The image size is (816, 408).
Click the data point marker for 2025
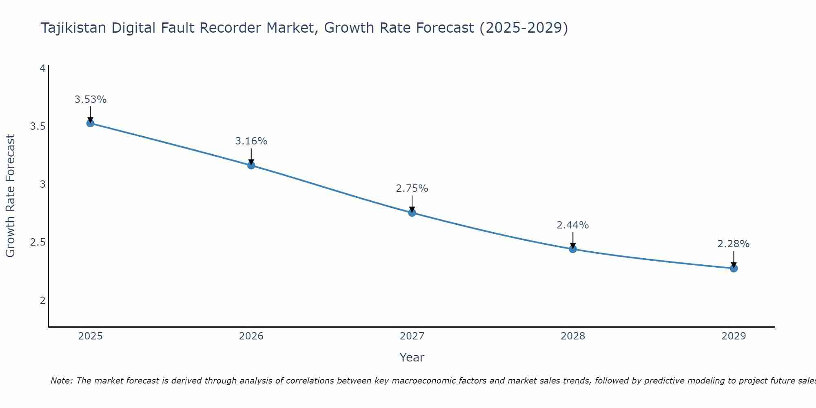click(90, 123)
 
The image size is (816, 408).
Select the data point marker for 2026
click(251, 165)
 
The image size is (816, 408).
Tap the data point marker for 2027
click(412, 213)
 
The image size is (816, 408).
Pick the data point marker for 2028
click(573, 249)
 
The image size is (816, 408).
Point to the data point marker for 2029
click(734, 268)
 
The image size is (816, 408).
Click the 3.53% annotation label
click(90, 100)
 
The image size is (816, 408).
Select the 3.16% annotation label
click(251, 141)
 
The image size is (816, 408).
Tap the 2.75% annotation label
click(412, 188)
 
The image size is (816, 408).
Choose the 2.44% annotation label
click(573, 225)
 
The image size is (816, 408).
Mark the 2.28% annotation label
click(734, 244)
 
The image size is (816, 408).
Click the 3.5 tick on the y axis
click(38, 126)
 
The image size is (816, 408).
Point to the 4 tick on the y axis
click(42, 69)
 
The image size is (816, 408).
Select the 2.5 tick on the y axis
click(38, 242)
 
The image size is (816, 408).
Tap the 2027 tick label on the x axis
click(412, 336)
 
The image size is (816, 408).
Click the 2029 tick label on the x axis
click(734, 336)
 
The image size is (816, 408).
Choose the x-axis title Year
click(412, 357)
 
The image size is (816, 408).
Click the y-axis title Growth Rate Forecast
click(10, 196)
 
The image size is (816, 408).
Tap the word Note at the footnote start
click(61, 381)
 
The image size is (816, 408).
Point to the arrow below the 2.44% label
click(573, 240)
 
